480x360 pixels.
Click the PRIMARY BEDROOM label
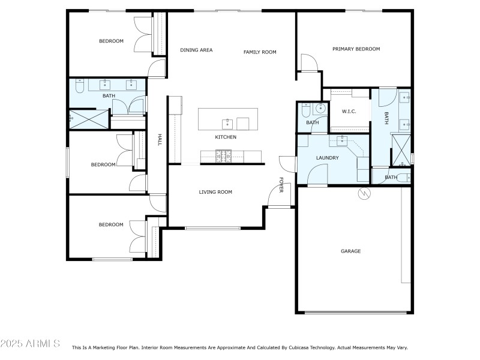356,49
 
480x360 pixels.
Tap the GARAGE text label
351,251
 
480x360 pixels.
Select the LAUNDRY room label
328,158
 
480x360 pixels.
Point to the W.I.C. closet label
349,112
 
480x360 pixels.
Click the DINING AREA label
196,50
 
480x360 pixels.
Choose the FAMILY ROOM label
260,52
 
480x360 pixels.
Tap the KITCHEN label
226,137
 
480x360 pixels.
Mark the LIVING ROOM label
215,192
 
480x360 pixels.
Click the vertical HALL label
160,140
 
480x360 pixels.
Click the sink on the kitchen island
228,124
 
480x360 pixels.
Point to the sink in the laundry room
341,140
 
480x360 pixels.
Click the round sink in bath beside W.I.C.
320,109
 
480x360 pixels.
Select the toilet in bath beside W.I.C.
305,110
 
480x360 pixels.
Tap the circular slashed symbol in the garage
363,193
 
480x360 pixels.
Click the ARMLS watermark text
30,344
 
